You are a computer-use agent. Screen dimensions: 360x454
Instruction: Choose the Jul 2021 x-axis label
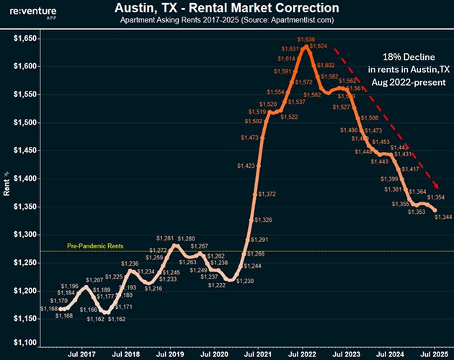tap(257, 355)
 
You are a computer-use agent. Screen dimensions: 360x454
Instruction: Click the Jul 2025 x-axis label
tap(430, 355)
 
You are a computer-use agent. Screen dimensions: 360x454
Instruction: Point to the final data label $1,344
tap(443, 218)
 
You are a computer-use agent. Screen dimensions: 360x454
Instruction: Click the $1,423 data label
tap(246, 166)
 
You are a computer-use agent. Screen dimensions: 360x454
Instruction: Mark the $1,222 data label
tap(217, 286)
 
